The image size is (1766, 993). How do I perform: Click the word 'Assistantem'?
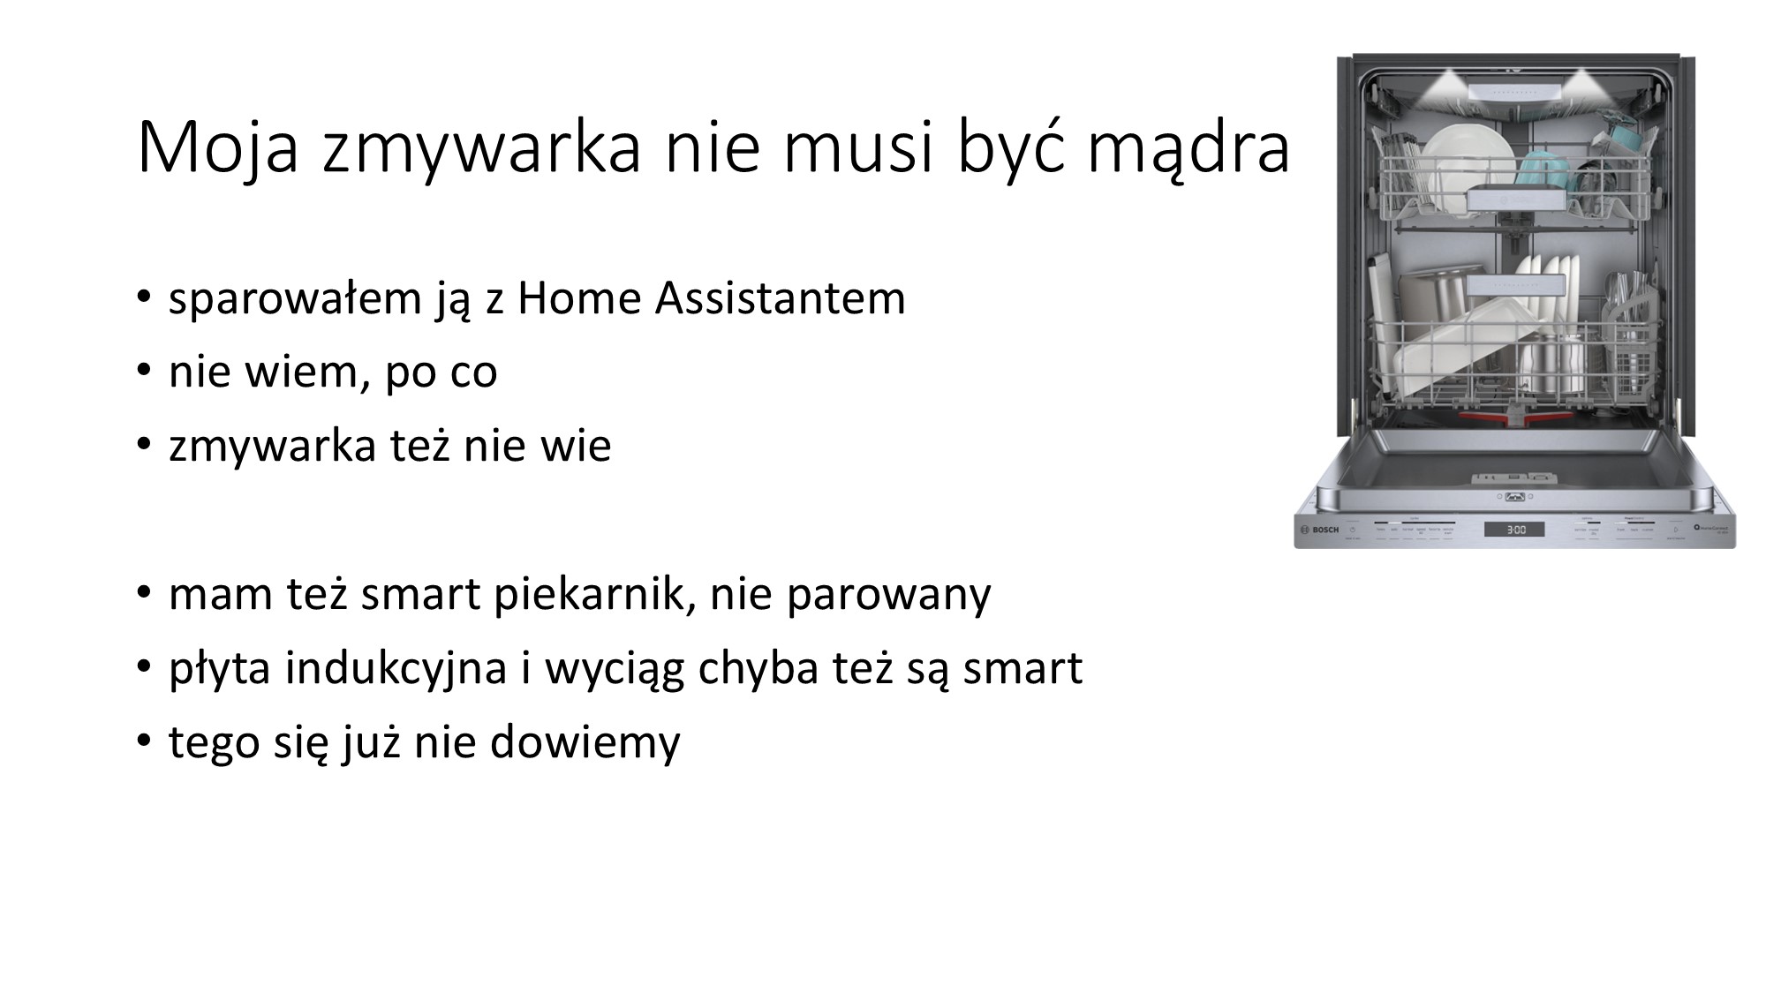[781, 297]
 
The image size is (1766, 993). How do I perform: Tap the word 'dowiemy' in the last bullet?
[585, 741]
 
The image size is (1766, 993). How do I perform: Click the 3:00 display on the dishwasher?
[1514, 530]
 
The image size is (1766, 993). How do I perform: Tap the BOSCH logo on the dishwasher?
[1319, 530]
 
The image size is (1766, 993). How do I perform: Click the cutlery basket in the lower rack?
[1627, 340]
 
